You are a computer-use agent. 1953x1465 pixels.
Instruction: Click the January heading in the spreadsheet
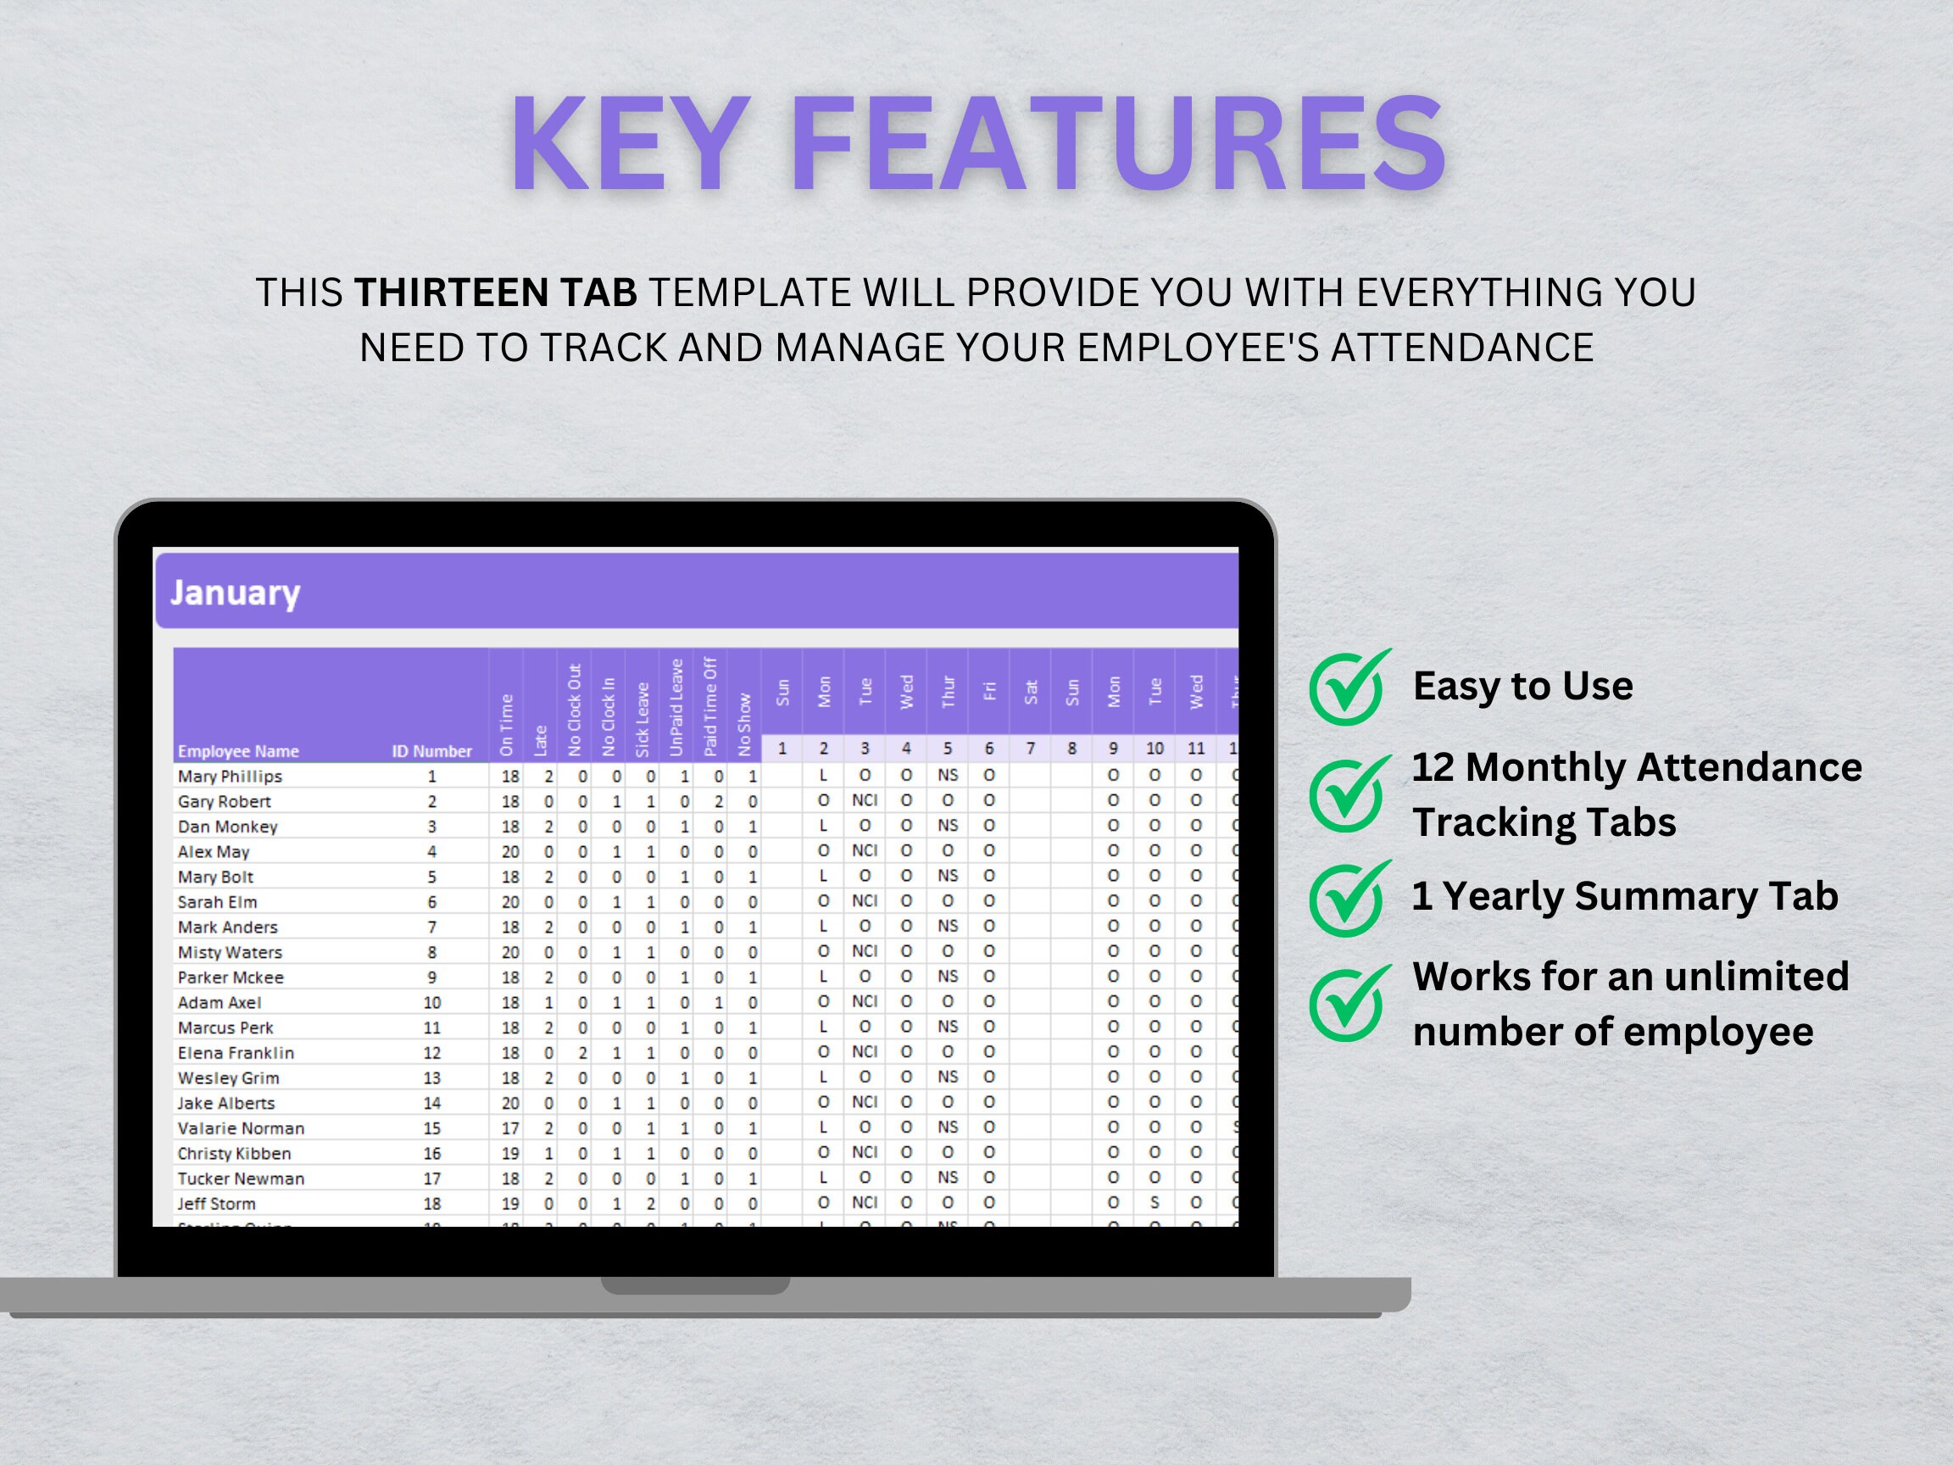pos(235,593)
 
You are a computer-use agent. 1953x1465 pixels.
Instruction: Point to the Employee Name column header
pos(237,751)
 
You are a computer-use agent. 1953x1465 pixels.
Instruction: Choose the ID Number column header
pos(431,751)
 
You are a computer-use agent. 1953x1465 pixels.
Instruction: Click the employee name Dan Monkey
pos(227,827)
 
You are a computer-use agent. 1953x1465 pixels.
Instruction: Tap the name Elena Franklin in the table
pos(235,1053)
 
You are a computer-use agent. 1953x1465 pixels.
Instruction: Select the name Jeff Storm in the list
pos(216,1204)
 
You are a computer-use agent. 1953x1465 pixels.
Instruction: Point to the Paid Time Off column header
pos(709,706)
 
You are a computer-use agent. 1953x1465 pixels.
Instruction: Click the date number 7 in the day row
pos(1029,749)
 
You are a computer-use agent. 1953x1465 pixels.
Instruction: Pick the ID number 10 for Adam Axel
pos(431,1002)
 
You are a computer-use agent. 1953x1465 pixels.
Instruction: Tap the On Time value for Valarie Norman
pos(509,1128)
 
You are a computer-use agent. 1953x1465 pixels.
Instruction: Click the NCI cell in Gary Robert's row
pos(865,800)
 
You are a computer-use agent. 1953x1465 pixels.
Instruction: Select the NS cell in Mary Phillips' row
pos(948,776)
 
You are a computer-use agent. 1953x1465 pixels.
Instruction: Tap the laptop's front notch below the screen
pos(695,1286)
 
